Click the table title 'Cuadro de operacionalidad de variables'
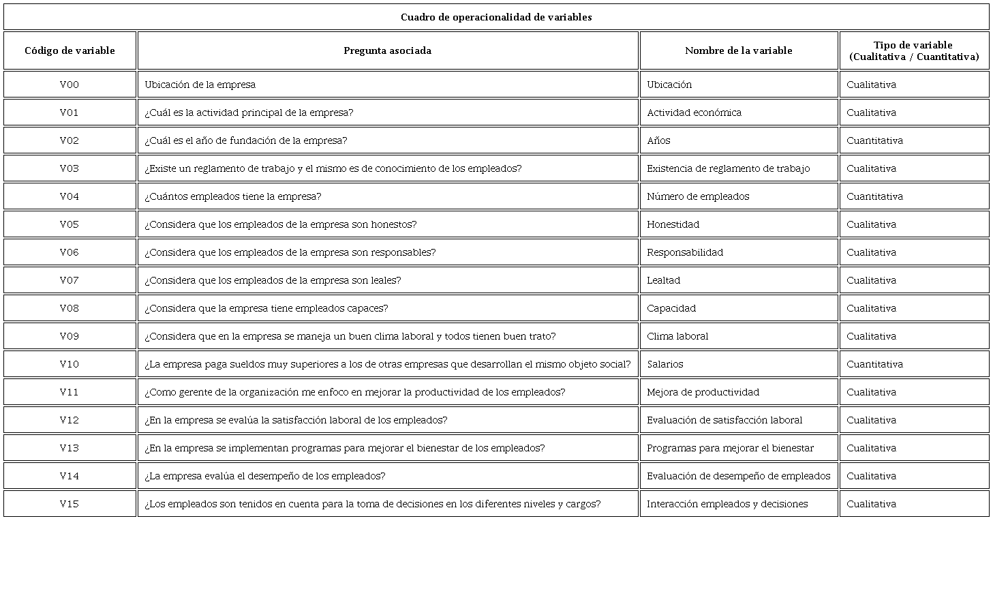(495, 17)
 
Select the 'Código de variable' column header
(70, 50)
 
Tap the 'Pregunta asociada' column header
(387, 50)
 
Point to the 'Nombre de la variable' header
(738, 50)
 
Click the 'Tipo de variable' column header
(913, 50)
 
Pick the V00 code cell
(70, 85)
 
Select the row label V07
(70, 280)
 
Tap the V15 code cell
(70, 504)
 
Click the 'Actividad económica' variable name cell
(694, 113)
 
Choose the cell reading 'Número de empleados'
(698, 196)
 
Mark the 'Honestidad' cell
(673, 224)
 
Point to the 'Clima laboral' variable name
(677, 336)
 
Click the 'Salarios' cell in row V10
(665, 364)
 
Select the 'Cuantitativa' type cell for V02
(874, 140)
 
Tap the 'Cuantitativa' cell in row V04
(874, 196)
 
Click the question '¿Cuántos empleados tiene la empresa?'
(232, 196)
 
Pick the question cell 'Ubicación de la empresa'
(200, 85)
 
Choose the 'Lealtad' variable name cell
(663, 280)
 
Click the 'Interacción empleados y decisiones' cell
(727, 504)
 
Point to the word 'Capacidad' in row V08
(671, 308)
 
